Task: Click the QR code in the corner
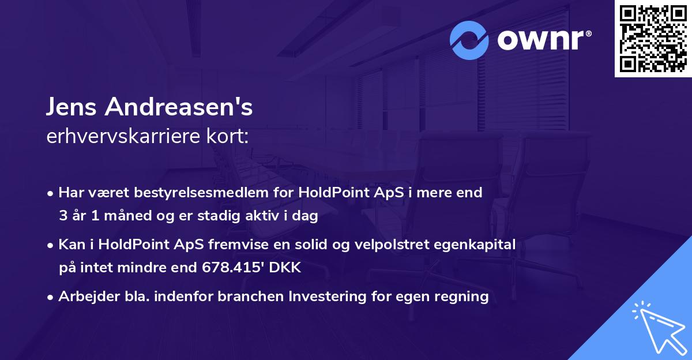coord(653,38)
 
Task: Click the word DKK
coord(288,268)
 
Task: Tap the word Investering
coord(323,297)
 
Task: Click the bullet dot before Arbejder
coord(51,297)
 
